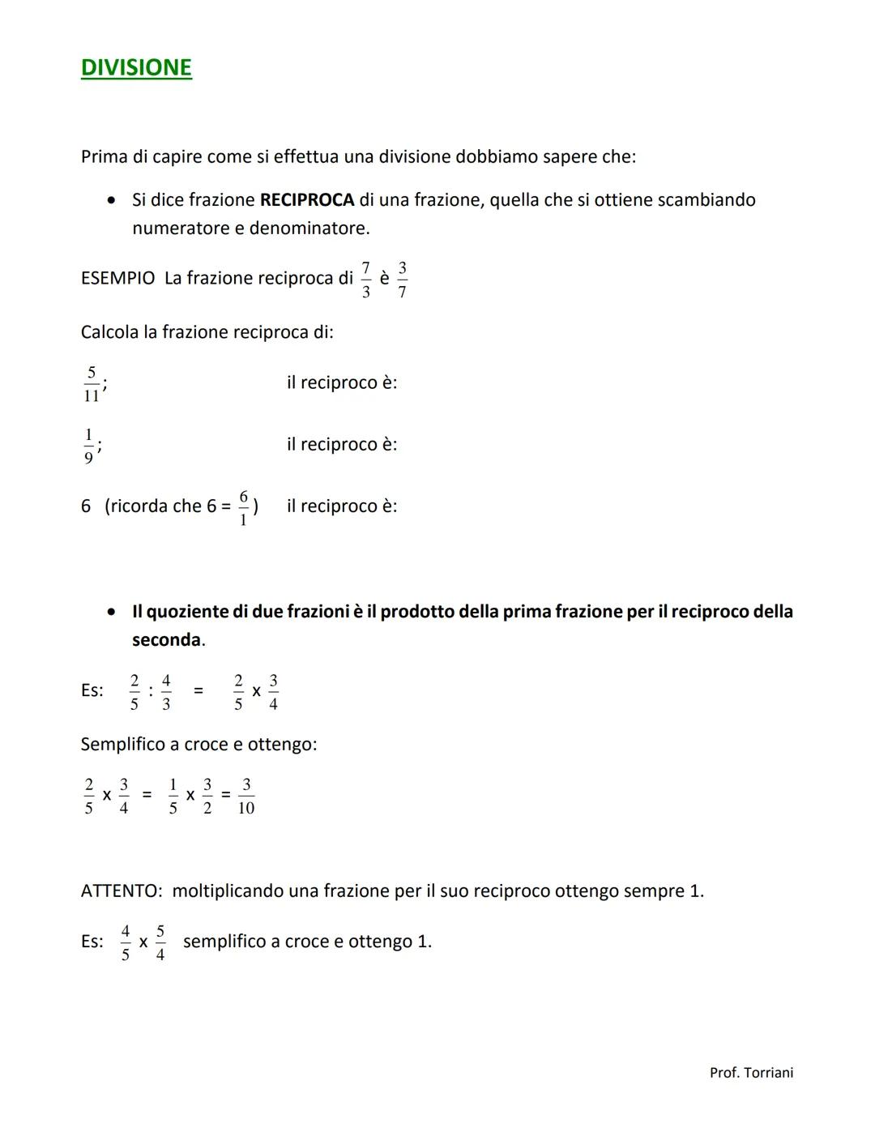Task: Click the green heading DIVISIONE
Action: pos(136,67)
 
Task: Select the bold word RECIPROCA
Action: pos(307,200)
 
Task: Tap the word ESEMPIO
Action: pos(117,279)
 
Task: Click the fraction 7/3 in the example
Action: pos(365,280)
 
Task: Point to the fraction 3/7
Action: pos(403,280)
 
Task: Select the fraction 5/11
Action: pos(91,384)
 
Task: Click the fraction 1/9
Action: pos(88,446)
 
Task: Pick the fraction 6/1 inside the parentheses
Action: pos(243,508)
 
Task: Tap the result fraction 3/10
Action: pos(246,797)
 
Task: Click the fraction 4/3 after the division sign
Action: pos(166,692)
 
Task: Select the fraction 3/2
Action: pos(207,797)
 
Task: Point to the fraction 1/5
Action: pos(173,797)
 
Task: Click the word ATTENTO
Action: pos(121,891)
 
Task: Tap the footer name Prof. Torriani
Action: pos(751,1073)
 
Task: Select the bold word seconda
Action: pos(166,640)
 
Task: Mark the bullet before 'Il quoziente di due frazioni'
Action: pos(113,613)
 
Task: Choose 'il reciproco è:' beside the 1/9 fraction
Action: pos(341,445)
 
